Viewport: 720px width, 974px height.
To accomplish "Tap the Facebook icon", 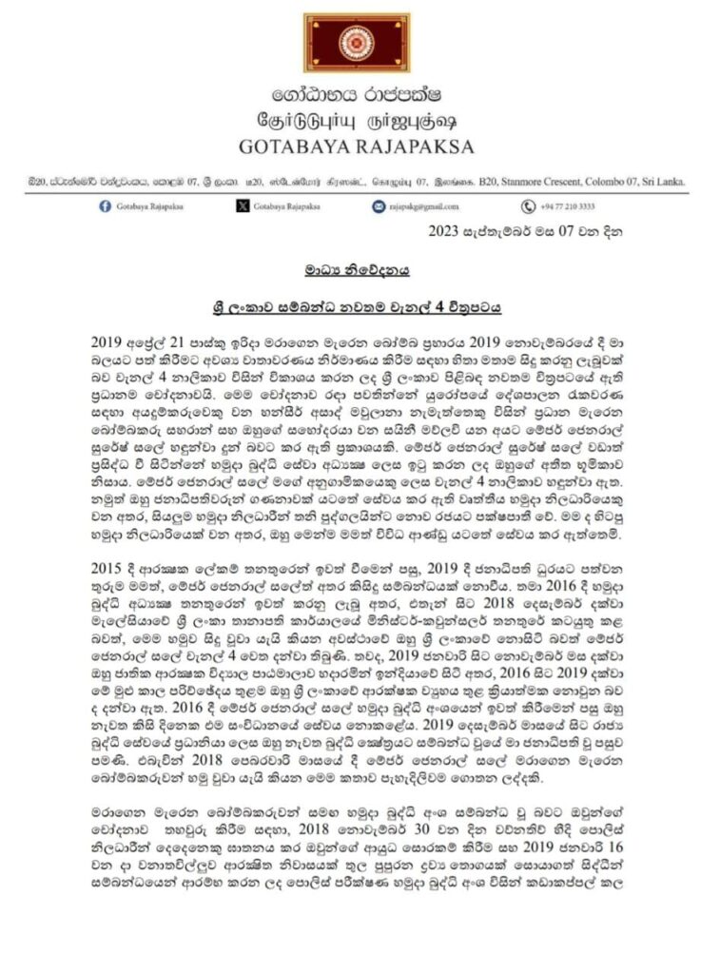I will pyautogui.click(x=105, y=206).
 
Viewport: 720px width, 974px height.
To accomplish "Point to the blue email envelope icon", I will pyautogui.click(x=379, y=206).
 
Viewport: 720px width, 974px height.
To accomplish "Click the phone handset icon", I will pyautogui.click(x=528, y=206).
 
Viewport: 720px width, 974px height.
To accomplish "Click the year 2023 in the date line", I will pyautogui.click(x=445, y=230).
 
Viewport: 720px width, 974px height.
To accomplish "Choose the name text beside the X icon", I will pyautogui.click(x=288, y=207).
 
